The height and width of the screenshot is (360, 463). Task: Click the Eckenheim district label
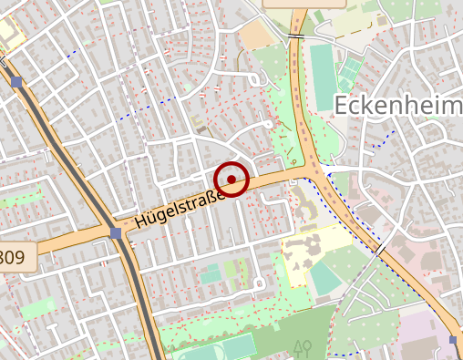pos(398,106)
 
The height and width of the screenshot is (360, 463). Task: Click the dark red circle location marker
pos(232,179)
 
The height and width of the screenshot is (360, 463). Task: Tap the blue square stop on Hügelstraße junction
pos(115,233)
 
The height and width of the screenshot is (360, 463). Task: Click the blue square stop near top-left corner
pos(16,83)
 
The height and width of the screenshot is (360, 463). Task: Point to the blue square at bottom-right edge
pos(454,340)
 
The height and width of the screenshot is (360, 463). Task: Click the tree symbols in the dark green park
pos(304,347)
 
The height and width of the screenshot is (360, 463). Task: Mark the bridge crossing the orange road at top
pos(296,36)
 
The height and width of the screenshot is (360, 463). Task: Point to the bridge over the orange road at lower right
pos(379,249)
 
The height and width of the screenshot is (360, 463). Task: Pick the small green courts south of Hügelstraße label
pos(211,274)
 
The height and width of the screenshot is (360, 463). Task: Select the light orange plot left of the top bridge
pos(256,35)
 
